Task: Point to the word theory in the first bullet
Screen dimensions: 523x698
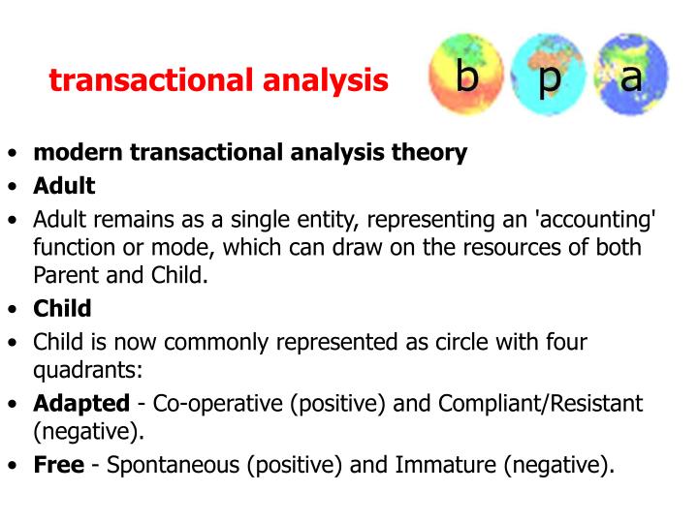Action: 430,153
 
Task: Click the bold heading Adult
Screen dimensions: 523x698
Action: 64,185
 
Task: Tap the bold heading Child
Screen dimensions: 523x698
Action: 62,309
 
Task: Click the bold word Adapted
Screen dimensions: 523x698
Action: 81,403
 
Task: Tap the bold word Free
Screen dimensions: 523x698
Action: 59,465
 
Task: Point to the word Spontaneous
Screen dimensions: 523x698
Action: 174,465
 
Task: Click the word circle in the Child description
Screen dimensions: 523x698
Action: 414,341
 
